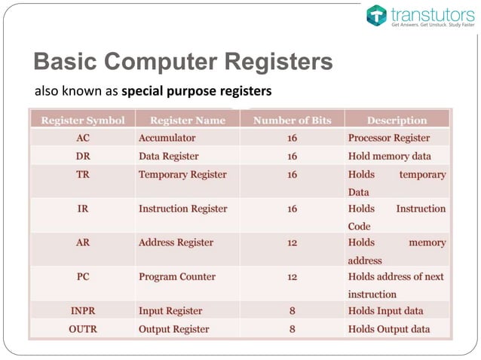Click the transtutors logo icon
376,15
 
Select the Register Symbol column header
83,120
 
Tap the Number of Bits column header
291,120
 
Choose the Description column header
397,120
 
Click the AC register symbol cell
83,138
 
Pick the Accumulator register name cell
167,138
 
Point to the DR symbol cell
83,157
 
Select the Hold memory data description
390,157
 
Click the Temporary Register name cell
182,175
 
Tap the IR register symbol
83,209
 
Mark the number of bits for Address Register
292,243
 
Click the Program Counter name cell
177,276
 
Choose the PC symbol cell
83,276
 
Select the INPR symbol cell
83,310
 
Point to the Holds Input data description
385,310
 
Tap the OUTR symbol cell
83,328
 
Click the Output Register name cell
174,328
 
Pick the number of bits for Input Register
292,310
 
